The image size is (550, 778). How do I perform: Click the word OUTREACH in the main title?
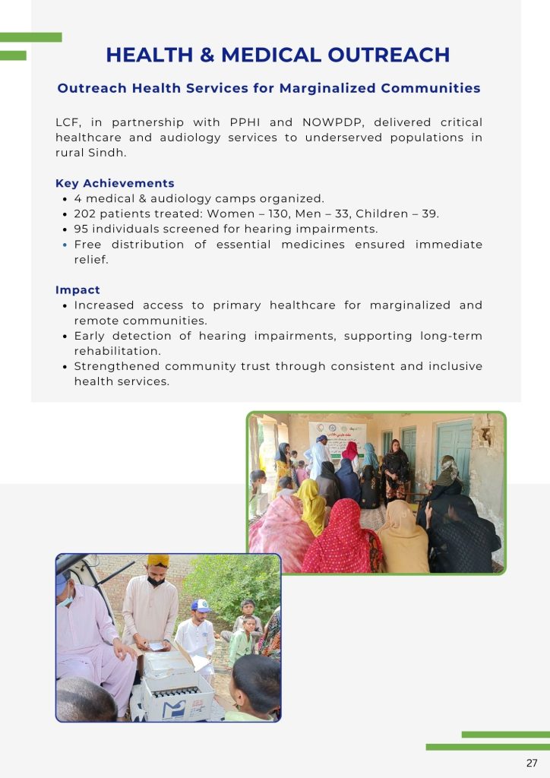click(389, 55)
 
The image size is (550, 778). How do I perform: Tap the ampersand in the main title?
click(207, 55)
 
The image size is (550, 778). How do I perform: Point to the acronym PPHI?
click(245, 122)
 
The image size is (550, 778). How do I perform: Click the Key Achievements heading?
click(115, 184)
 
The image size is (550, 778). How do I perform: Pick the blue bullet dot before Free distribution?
click(65, 245)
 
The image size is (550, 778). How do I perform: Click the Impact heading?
click(77, 289)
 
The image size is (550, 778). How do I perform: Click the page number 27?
click(532, 763)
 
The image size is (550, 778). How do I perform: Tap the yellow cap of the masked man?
click(158, 560)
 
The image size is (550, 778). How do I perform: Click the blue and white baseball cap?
click(201, 605)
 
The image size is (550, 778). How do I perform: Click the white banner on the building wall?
click(337, 438)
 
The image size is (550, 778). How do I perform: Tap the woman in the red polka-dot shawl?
click(342, 539)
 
